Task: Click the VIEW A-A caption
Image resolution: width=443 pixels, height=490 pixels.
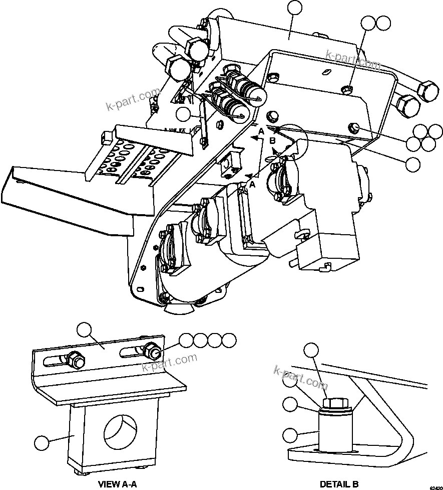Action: coord(117,484)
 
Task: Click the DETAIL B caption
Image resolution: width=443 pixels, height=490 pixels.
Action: coord(339,484)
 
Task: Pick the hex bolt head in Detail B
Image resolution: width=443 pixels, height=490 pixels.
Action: coord(335,403)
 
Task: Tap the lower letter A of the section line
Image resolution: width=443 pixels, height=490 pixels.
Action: coord(252,185)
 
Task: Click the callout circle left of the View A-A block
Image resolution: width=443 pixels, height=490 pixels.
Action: coord(42,442)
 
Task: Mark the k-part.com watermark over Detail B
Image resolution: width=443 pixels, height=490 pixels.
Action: coord(300,377)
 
